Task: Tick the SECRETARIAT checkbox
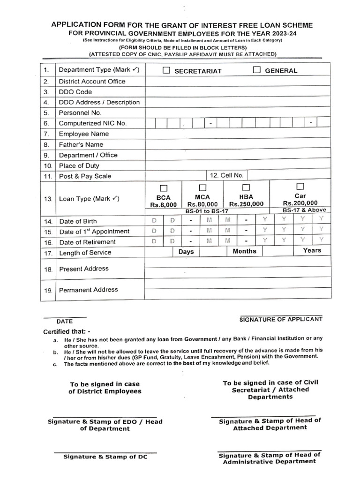[x=166, y=71]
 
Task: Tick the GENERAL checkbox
[x=257, y=70]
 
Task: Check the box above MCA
[x=202, y=187]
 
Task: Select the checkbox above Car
[x=300, y=186]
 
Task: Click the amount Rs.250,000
[x=246, y=204]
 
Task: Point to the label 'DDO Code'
[x=75, y=92]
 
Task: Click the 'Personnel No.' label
[x=80, y=113]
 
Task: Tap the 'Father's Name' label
[x=81, y=144]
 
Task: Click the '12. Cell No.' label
[x=227, y=175]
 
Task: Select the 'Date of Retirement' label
[x=87, y=242]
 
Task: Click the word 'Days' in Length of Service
[x=186, y=252]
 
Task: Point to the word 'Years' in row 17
[x=312, y=250]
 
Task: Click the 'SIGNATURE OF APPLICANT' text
[x=281, y=319]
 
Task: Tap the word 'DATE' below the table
[x=65, y=322]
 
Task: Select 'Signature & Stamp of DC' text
[x=105, y=457]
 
